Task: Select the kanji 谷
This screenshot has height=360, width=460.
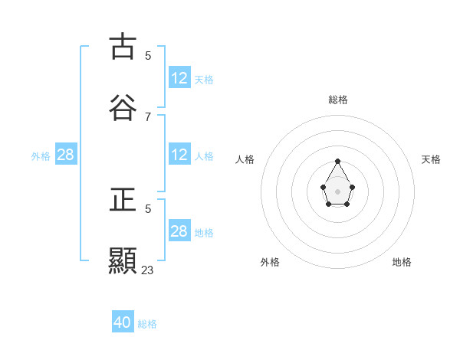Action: click(x=123, y=107)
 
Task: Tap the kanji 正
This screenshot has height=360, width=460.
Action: click(x=123, y=200)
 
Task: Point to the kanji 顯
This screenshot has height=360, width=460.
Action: click(x=123, y=260)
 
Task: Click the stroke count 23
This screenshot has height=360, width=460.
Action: click(x=147, y=270)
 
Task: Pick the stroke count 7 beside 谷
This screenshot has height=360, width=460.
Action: click(x=147, y=116)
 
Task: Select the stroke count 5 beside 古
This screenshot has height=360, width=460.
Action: click(x=147, y=55)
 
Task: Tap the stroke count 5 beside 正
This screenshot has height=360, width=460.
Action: click(x=147, y=208)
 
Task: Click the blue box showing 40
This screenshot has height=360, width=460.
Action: click(x=123, y=322)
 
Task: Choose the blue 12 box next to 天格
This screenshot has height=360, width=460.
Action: click(x=179, y=78)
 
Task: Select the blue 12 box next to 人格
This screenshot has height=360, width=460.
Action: click(x=179, y=155)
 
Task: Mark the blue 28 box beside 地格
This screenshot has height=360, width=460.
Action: click(x=179, y=231)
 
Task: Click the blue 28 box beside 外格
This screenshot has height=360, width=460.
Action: click(x=66, y=155)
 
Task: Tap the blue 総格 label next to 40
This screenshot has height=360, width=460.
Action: click(x=147, y=324)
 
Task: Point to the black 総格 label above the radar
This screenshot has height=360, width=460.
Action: click(x=338, y=100)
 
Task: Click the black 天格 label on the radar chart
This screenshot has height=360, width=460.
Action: click(x=432, y=159)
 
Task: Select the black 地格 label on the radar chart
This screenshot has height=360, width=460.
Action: click(x=402, y=262)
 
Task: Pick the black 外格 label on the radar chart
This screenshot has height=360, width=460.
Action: click(x=270, y=262)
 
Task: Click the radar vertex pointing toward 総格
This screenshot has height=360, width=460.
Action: click(x=338, y=161)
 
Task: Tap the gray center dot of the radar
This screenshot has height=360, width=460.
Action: click(x=338, y=190)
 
